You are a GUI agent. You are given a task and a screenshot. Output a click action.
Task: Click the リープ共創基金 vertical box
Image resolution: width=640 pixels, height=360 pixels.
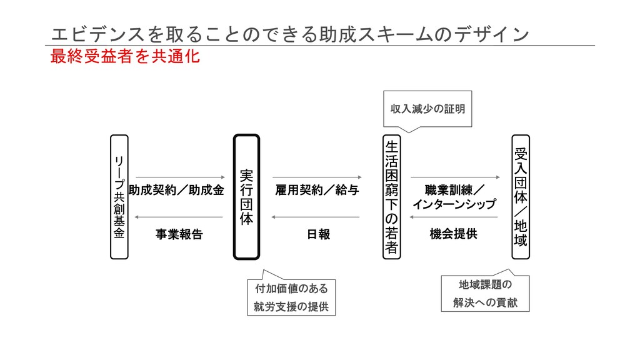(x=119, y=196)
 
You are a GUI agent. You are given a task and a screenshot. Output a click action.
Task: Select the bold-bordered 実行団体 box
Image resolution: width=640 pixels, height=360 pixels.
(x=246, y=196)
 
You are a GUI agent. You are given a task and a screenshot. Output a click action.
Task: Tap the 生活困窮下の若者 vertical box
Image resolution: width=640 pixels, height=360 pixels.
(x=391, y=196)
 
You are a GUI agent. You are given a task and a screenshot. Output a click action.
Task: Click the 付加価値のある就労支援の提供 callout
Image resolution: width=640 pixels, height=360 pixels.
(x=291, y=297)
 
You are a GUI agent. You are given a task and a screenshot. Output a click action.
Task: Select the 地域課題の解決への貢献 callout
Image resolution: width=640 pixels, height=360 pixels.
(x=485, y=294)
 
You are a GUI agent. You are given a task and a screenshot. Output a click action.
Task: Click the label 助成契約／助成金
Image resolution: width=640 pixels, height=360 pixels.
(x=176, y=190)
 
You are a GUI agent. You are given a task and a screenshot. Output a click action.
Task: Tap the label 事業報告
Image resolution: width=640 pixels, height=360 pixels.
(x=179, y=234)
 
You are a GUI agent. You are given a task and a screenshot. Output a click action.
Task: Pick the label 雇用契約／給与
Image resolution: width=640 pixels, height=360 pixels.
(x=317, y=190)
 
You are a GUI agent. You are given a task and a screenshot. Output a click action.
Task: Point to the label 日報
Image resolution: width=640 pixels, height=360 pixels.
(x=318, y=234)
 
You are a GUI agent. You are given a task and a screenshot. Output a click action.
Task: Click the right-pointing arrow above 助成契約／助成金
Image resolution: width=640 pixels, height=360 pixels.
(x=179, y=177)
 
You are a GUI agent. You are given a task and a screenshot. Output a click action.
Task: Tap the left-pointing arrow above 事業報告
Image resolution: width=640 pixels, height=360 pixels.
(x=179, y=217)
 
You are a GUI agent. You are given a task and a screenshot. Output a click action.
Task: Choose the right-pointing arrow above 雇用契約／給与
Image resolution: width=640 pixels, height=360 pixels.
(x=317, y=177)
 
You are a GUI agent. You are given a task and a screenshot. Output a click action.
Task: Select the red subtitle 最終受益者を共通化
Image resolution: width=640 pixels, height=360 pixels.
(x=125, y=57)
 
